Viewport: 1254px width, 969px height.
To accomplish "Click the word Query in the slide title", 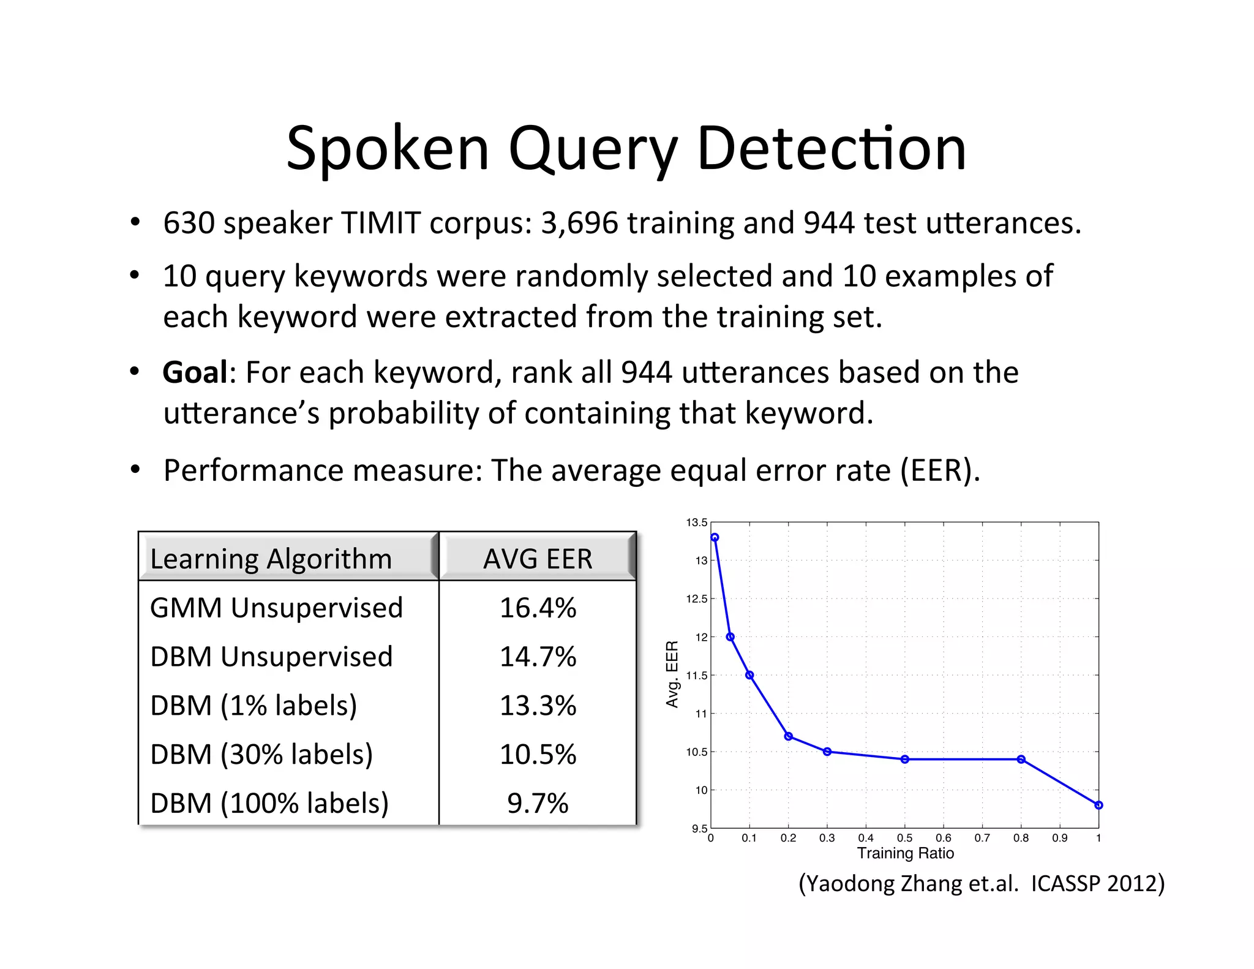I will (593, 149).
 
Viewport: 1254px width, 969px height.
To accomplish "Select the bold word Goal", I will (195, 372).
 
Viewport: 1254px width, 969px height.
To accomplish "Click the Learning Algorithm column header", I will (271, 559).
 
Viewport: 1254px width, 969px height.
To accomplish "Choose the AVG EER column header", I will (538, 559).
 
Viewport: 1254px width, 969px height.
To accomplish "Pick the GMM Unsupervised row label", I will (276, 608).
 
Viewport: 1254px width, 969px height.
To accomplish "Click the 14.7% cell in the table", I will (538, 657).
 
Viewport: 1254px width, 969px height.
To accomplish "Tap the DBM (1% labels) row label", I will (253, 706).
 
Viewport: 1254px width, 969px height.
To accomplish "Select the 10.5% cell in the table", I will (538, 755).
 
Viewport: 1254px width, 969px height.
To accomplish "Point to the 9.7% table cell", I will (538, 803).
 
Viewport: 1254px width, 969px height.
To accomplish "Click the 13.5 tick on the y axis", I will (696, 522).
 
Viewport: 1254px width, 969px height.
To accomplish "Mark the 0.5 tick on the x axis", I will (904, 838).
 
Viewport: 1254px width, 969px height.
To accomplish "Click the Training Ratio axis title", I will (905, 853).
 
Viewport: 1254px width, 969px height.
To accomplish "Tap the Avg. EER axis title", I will (672, 674).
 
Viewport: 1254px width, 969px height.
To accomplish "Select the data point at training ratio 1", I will (1098, 805).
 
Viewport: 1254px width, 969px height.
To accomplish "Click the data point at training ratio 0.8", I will (1021, 760).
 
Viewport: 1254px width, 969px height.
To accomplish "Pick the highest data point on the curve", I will (715, 537).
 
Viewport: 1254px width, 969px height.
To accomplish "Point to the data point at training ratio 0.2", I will (789, 736).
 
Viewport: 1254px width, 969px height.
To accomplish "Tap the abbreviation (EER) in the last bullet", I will (939, 470).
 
